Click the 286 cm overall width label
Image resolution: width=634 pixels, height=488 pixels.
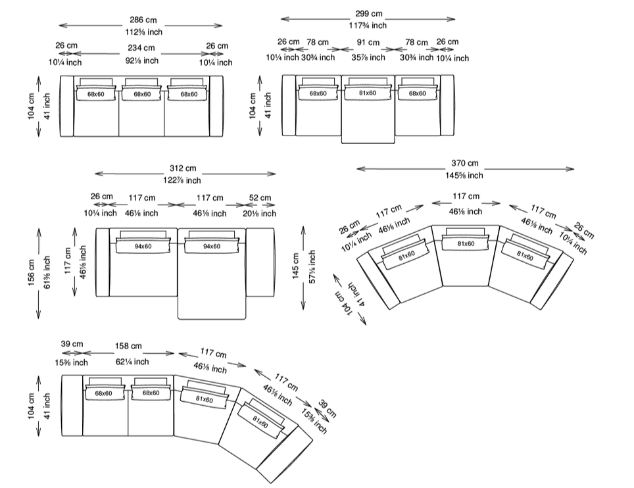[143, 20]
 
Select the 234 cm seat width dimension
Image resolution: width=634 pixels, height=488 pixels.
[141, 48]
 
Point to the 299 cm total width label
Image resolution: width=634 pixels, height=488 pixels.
[369, 14]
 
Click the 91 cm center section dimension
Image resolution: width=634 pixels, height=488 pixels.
[368, 43]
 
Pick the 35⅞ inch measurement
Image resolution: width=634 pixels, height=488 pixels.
[368, 57]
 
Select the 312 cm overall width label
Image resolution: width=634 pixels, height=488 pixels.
[183, 168]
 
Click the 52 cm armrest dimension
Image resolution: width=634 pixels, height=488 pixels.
[260, 198]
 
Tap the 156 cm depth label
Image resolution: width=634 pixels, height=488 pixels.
[32, 273]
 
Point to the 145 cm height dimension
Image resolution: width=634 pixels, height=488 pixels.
[295, 266]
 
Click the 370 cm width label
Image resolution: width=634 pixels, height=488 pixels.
[464, 163]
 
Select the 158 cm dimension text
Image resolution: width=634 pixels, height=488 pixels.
[128, 346]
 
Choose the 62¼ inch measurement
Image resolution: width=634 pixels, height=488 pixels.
[132, 362]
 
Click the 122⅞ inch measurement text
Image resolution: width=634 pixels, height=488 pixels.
[182, 180]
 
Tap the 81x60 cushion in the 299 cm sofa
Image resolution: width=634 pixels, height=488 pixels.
[368, 93]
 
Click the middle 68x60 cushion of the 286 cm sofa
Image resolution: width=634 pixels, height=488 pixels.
[142, 94]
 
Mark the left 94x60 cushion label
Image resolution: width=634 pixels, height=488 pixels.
[143, 246]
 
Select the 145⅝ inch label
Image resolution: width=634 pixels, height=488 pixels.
[464, 176]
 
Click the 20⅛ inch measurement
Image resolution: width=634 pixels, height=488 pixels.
[259, 214]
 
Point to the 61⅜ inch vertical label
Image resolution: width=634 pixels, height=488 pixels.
[47, 272]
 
